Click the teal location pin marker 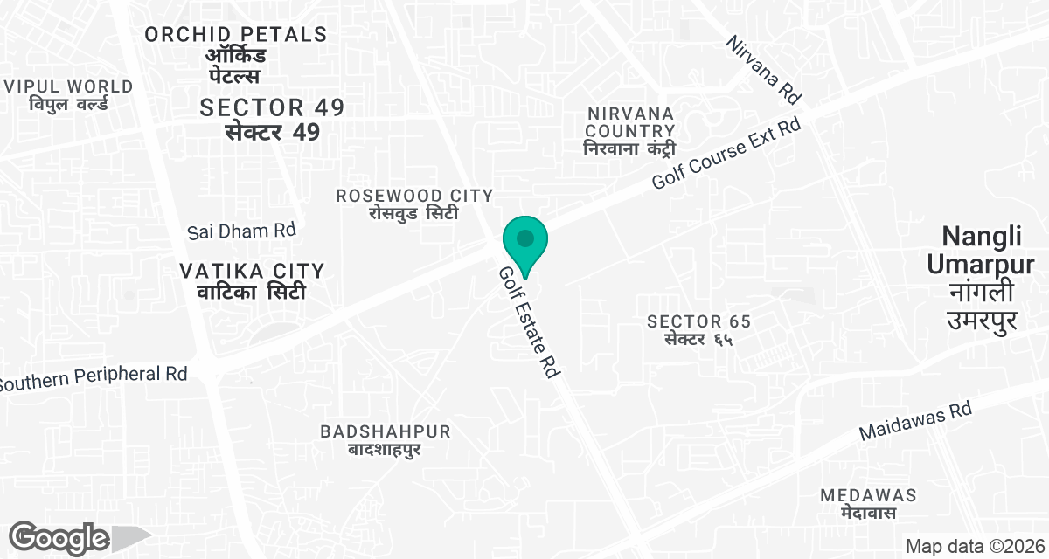pyautogui.click(x=524, y=242)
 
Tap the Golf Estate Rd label pyautogui.click(x=529, y=322)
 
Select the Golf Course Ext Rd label pyautogui.click(x=727, y=155)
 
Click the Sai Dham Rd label pyautogui.click(x=242, y=231)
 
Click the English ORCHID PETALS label pyautogui.click(x=236, y=34)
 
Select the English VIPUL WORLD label pyautogui.click(x=69, y=86)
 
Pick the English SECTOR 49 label pyautogui.click(x=272, y=107)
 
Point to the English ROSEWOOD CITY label pyautogui.click(x=414, y=196)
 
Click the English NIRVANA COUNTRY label pyautogui.click(x=630, y=123)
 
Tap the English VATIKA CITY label pyautogui.click(x=252, y=271)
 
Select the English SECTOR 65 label pyautogui.click(x=698, y=321)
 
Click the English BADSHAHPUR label pyautogui.click(x=386, y=431)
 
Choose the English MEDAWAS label pyautogui.click(x=868, y=495)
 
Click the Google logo pyautogui.click(x=59, y=536)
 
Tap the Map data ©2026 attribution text pyautogui.click(x=974, y=547)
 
